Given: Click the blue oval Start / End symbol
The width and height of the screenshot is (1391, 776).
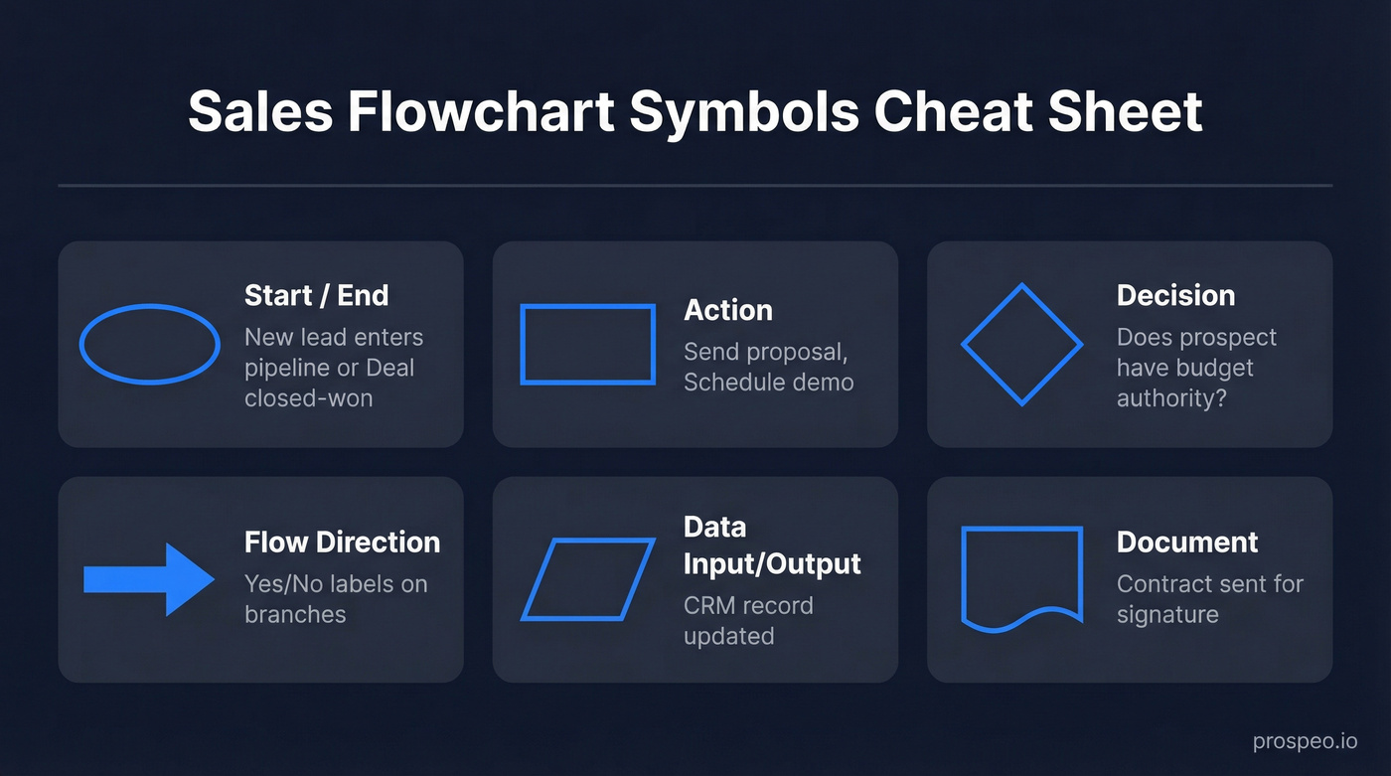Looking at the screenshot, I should coord(149,344).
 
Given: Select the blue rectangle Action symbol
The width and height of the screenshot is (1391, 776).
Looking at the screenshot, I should coord(587,344).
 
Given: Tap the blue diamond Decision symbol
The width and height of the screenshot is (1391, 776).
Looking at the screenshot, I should coord(1021,344).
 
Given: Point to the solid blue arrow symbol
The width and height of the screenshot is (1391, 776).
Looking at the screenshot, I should coord(149,579).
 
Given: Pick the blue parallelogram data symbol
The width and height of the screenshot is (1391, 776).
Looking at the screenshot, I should coord(587,579).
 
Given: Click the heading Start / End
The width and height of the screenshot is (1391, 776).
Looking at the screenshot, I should coord(316,295).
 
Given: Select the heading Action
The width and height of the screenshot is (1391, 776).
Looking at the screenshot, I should coord(727,310).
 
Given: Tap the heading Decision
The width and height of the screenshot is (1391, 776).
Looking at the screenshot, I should coord(1175,295).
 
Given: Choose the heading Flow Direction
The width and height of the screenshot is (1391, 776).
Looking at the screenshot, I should coord(342,542).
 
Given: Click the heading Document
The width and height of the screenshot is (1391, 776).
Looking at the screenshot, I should coord(1187,542).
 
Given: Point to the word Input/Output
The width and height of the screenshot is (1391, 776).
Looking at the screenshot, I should coord(772,563).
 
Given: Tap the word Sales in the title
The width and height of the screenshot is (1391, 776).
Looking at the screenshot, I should coord(259,111).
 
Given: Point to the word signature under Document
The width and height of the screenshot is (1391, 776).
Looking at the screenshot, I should coord(1167,614).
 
